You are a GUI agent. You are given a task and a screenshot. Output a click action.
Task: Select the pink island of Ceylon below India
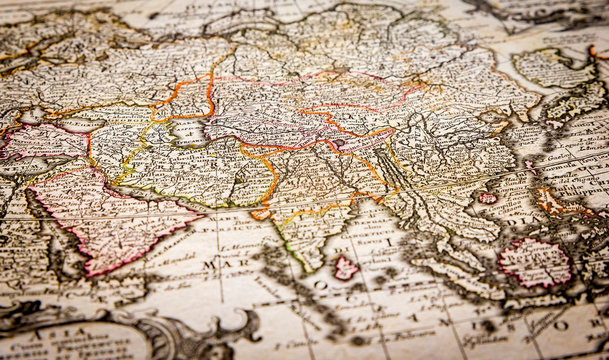click(344, 267)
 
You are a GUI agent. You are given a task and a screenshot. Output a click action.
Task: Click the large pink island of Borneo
click(534, 262)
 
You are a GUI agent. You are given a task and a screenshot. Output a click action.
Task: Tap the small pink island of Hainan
click(487, 198)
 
